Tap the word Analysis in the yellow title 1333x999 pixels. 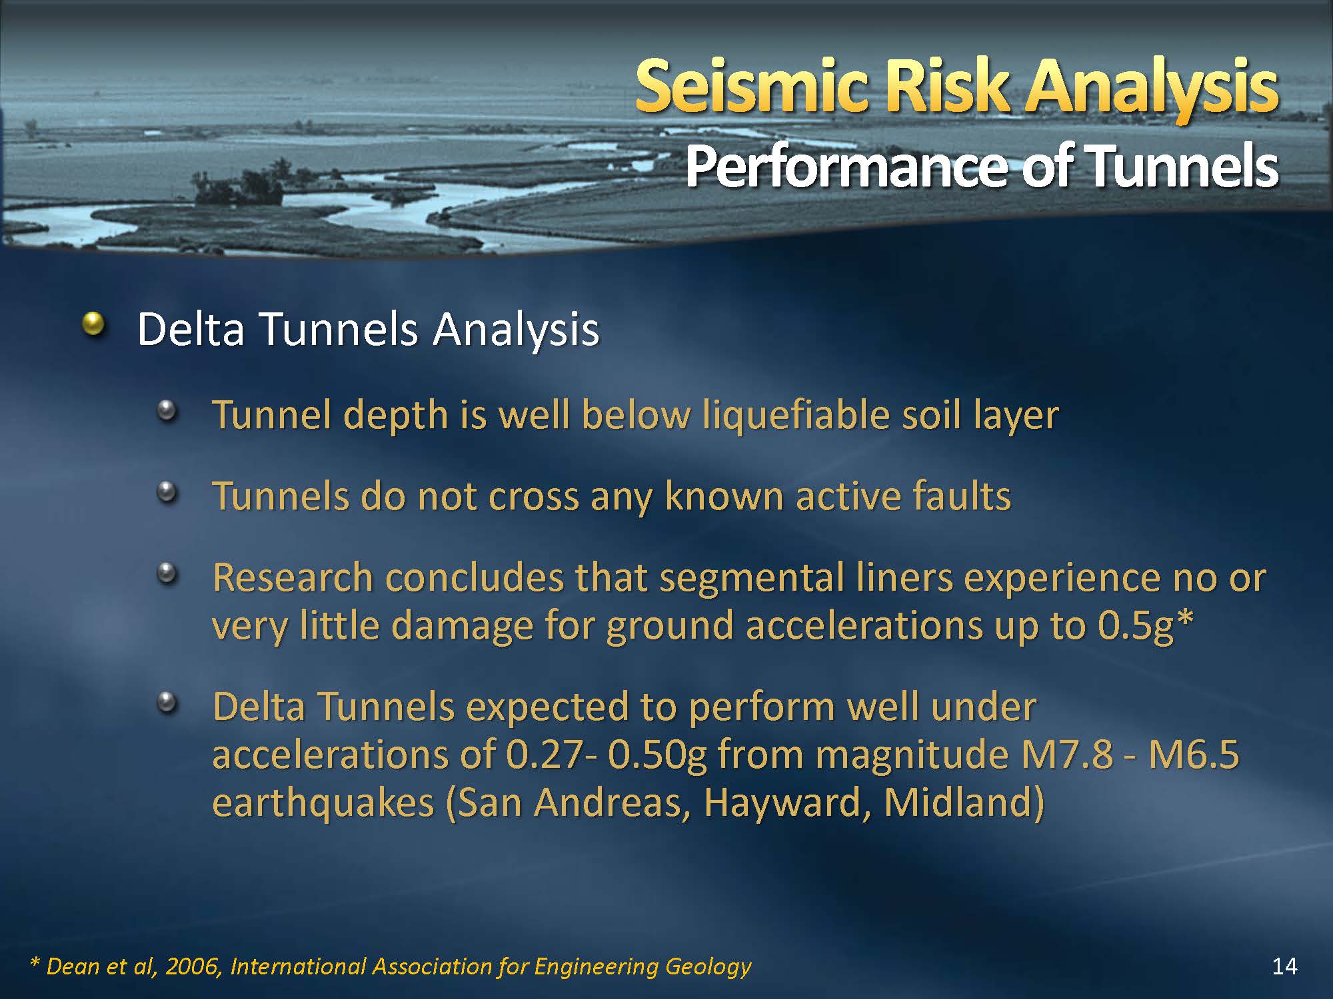coord(1152,90)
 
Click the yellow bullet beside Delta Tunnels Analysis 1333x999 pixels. coord(93,324)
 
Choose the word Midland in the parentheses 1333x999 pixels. coord(956,803)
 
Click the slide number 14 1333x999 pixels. coord(1284,966)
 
